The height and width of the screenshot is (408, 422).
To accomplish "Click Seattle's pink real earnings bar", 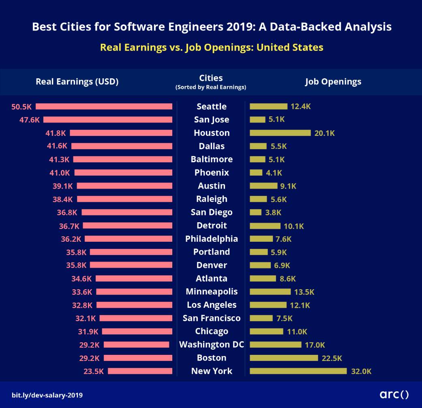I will [104, 107].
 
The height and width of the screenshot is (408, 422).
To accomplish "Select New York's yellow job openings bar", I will [298, 371].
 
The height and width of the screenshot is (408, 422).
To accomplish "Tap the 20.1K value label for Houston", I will [325, 133].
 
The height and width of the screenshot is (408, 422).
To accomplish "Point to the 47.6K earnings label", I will [30, 120].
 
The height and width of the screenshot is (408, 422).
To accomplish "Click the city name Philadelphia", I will [212, 239].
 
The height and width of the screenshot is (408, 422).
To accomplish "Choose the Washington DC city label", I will [212, 345].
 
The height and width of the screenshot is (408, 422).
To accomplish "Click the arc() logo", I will [394, 394].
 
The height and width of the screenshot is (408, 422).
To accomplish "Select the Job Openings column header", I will [333, 82].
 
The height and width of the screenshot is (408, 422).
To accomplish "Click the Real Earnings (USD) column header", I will [77, 82].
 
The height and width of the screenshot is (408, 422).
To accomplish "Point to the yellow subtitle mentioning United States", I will [212, 47].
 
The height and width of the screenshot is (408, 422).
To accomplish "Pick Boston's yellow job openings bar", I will [284, 358].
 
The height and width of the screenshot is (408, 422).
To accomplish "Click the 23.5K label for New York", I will [94, 371].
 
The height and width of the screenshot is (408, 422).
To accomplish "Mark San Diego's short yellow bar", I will [255, 212].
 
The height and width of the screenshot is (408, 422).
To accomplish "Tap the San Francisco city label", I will [212, 318].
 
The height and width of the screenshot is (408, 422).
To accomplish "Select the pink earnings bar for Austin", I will [124, 186].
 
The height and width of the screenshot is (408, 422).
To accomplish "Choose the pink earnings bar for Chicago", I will [137, 331].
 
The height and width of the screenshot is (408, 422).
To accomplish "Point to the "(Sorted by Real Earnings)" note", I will [211, 87].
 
